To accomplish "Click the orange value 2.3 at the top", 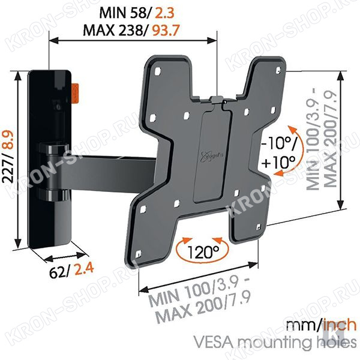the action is pos(165,13).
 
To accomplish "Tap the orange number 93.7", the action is pos(166,30).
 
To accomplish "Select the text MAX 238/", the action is pos(115,30).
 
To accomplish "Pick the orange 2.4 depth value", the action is pos(84,268).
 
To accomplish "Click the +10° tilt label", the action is pos(278,163).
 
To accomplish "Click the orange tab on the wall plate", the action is pos(75,94).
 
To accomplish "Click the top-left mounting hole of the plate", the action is pos(157,71).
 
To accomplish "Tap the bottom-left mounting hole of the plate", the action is pos(138,254).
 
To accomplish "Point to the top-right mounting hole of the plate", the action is pos(278,70).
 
